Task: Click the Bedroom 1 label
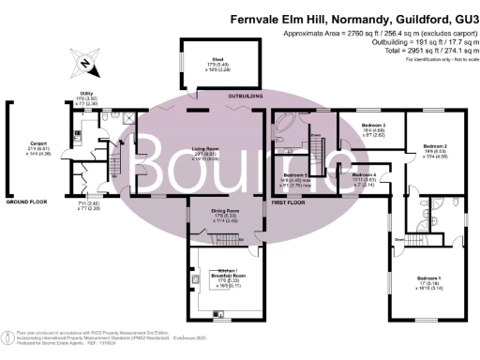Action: (x=426, y=278)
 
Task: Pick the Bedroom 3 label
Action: (x=374, y=124)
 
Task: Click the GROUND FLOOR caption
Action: (x=27, y=201)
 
